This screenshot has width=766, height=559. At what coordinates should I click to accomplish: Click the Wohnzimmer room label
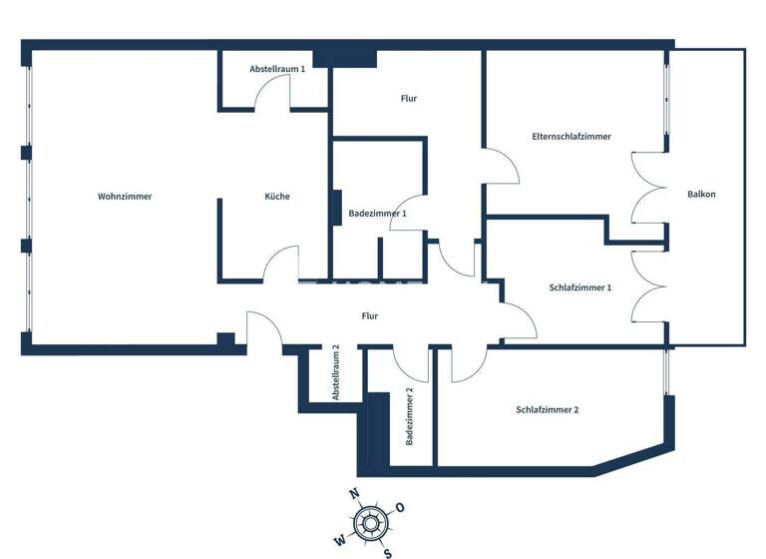coord(125,197)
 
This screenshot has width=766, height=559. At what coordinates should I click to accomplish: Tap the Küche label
coord(277,197)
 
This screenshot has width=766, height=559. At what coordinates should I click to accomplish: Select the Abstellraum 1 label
coord(277,69)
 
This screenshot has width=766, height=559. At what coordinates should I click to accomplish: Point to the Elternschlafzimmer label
coord(572,137)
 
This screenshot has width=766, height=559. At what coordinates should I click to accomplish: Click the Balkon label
coord(702,194)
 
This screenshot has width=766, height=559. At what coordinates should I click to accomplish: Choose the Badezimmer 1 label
coord(377,214)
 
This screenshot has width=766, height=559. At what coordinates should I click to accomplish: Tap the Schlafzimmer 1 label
coord(580,287)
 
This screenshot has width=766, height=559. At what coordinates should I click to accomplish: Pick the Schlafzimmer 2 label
coord(548,410)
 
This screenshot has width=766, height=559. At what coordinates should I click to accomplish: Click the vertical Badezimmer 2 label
coord(409,416)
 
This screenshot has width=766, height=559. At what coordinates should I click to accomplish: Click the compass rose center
coord(371,521)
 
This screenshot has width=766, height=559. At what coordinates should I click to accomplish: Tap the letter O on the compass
coord(400,507)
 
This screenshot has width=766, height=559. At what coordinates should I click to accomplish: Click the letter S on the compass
coord(388,552)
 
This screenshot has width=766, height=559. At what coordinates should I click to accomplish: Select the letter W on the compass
coord(339,539)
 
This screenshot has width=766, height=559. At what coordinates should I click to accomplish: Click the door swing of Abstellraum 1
coord(272,95)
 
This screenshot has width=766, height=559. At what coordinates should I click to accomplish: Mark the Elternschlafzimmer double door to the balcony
coord(648,190)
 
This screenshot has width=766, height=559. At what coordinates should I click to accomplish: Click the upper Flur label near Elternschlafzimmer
coord(409,99)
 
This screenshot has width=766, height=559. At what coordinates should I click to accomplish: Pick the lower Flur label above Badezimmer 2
coord(370,316)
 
